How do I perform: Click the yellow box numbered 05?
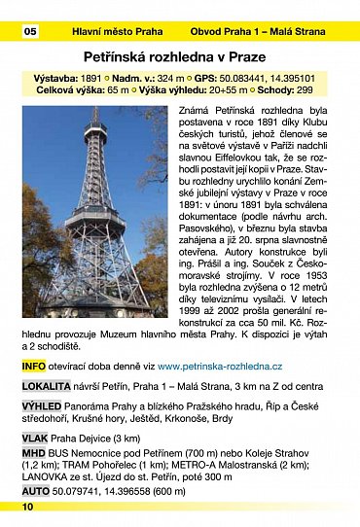coord(30,32)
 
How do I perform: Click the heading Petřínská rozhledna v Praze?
coord(180,58)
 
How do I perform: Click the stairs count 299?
coord(306,91)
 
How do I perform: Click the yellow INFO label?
coord(33,366)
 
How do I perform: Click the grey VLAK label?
coord(35,439)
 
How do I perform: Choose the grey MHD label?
coord(33,453)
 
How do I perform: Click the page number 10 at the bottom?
coord(27,507)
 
